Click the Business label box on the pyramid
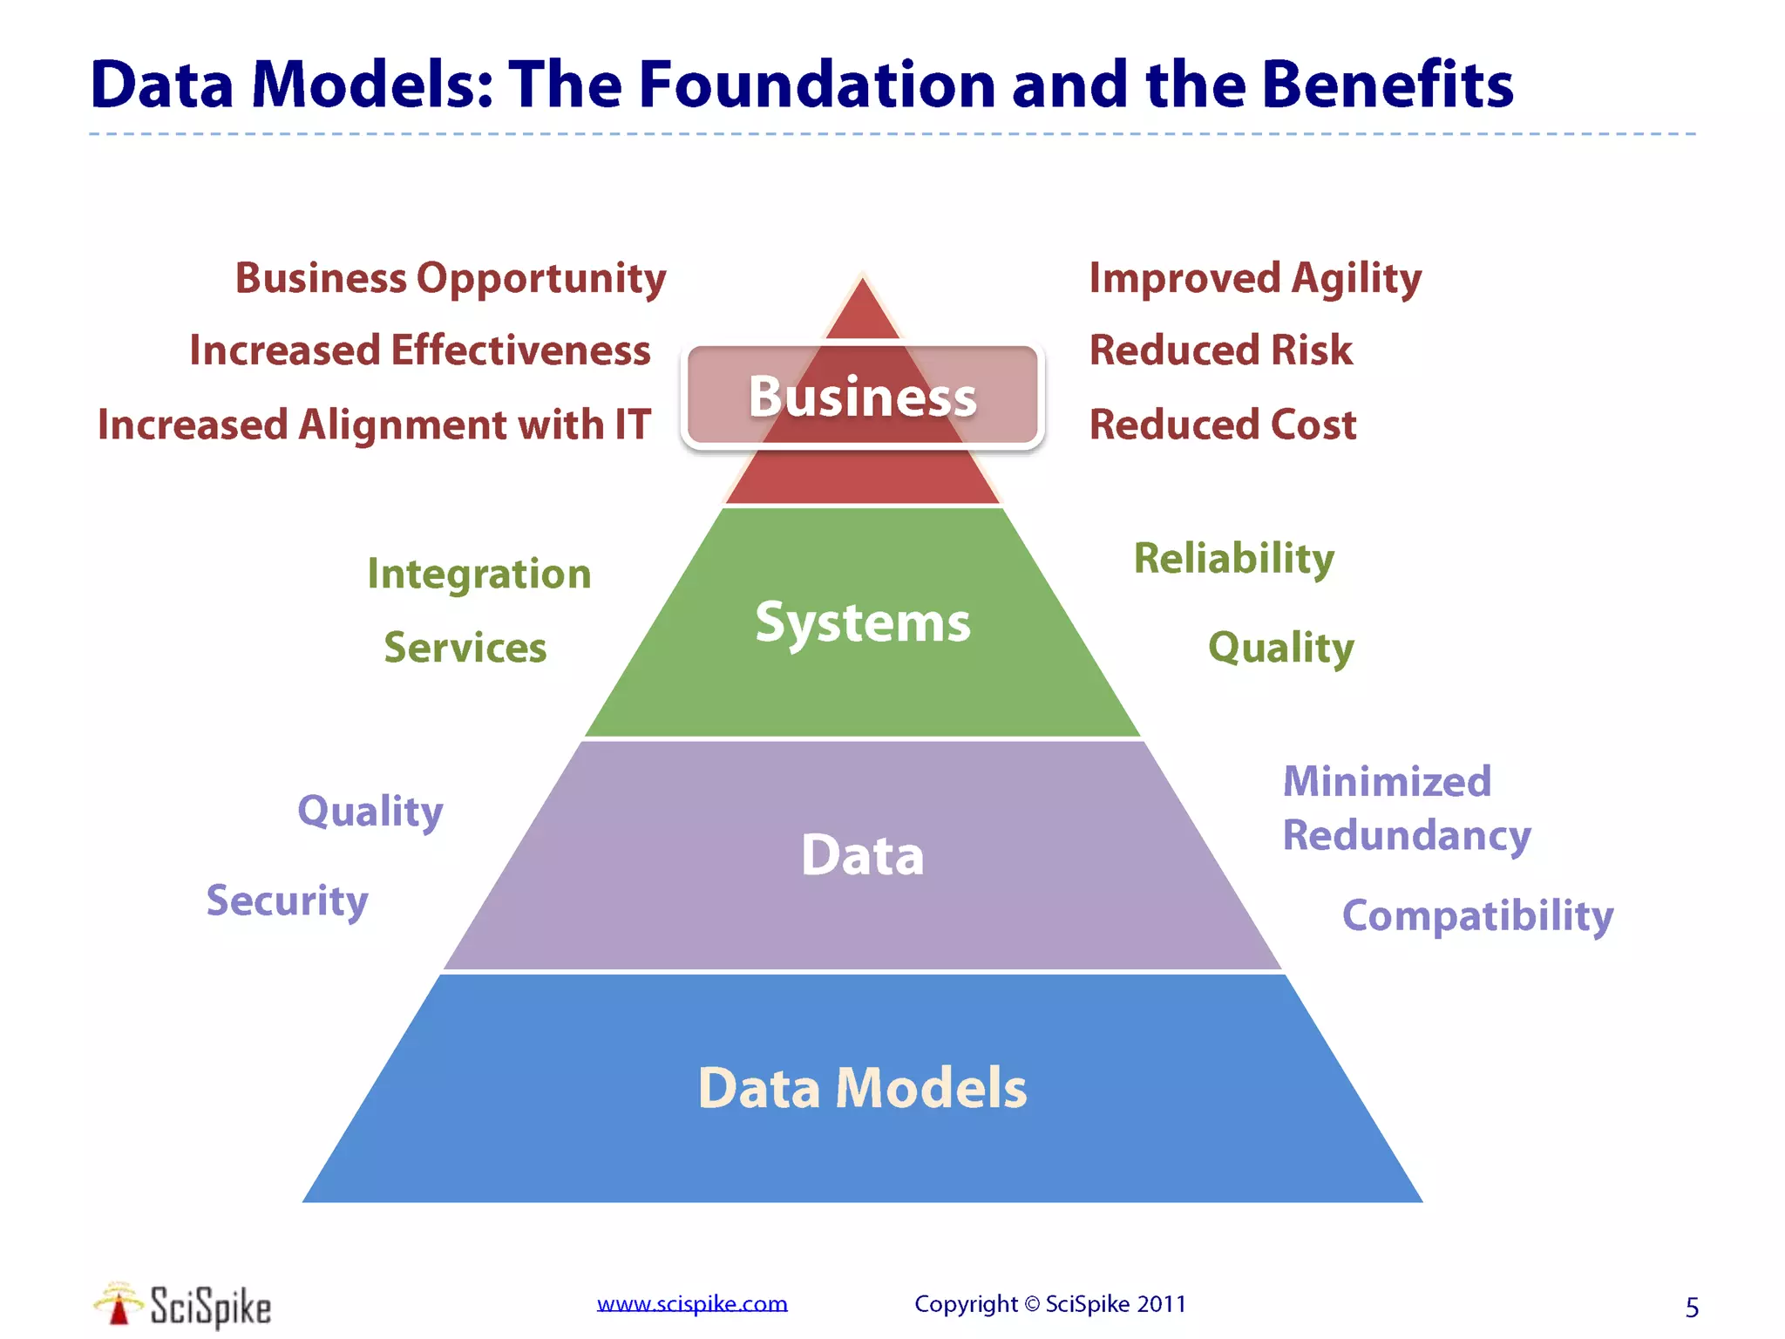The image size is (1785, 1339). coord(862,397)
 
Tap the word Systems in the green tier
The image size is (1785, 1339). coord(862,622)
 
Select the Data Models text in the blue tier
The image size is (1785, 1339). coord(862,1088)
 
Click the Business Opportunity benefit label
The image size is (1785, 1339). coord(451,279)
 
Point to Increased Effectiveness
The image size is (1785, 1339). coord(420,350)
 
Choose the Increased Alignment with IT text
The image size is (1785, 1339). coord(374,425)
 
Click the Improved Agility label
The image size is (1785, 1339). coord(1255,279)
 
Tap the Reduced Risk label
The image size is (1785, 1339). coord(1221,350)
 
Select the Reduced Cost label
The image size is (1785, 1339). coord(1223,425)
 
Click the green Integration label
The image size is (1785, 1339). coord(479,574)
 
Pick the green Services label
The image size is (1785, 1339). coord(465,648)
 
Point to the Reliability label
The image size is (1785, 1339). coord(1234,558)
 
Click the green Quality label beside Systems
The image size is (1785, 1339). coord(1281,648)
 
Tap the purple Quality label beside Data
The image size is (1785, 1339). coord(370,812)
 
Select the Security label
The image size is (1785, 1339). coord(288,901)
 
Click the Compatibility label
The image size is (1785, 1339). coord(1477,915)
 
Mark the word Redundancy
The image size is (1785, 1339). coord(1407,835)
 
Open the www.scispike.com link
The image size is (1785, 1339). coord(692,1304)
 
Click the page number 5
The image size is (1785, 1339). coord(1692,1308)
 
